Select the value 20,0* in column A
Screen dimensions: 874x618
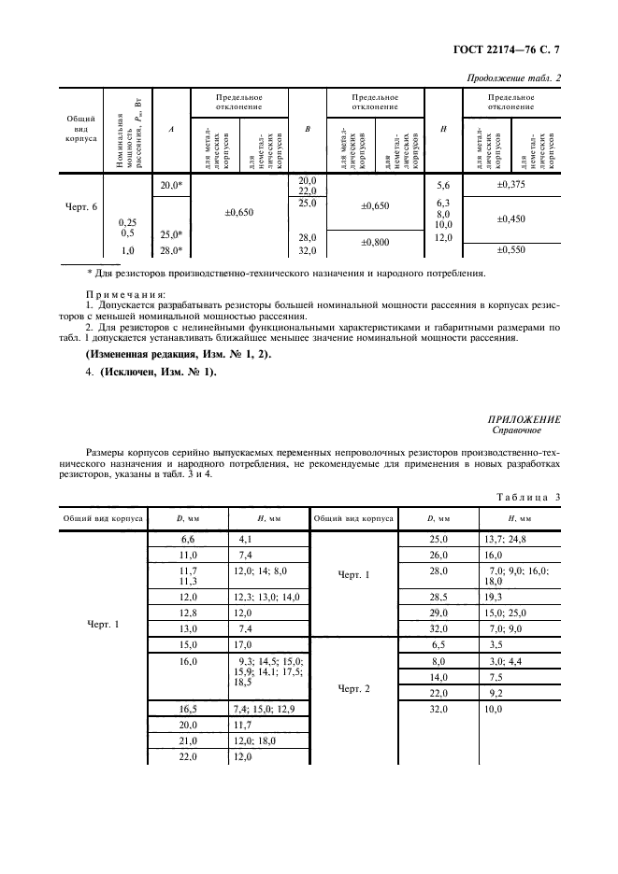(x=170, y=186)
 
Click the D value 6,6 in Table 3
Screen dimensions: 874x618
(x=187, y=539)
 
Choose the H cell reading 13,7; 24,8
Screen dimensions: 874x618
(x=506, y=539)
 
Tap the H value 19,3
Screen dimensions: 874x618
(x=494, y=594)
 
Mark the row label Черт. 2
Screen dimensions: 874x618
(x=354, y=688)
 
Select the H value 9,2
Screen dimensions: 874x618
(x=495, y=693)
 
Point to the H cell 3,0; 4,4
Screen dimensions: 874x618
(x=501, y=660)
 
